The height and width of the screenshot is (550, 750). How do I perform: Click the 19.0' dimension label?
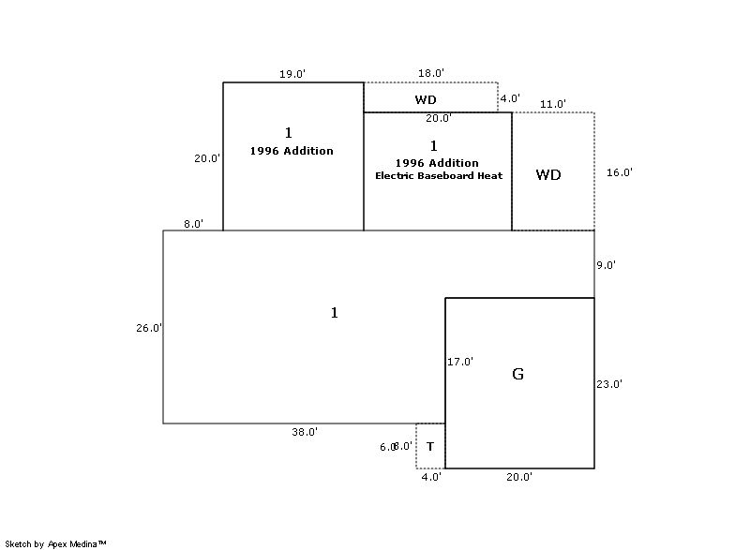pos(292,74)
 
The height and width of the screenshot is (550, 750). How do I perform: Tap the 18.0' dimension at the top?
pos(430,73)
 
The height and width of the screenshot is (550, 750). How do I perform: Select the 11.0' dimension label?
pos(553,104)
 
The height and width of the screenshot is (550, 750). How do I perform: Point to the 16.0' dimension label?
pos(620,172)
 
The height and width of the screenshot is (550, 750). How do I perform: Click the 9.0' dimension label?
pos(606,265)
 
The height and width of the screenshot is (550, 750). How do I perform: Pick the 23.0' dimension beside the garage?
pos(608,384)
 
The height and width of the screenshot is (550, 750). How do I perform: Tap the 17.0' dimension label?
pos(460,362)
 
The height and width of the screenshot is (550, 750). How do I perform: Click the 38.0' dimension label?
pos(304,432)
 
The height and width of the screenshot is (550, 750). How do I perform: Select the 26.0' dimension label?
pos(149,328)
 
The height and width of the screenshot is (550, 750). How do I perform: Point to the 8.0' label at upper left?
pos(194,224)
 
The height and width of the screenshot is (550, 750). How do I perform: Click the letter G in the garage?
pos(517,375)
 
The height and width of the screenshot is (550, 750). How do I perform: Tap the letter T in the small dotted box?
pos(430,447)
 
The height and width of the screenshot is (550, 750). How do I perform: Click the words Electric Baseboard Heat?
pos(439,176)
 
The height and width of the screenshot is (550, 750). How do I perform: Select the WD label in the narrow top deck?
pos(426,99)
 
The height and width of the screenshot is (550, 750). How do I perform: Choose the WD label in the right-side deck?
pos(548,175)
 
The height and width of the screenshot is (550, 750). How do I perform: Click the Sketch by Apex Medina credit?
pos(55,543)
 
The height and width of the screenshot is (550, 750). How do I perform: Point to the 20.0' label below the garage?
pos(519,477)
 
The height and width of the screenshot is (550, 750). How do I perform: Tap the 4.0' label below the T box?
pos(431,477)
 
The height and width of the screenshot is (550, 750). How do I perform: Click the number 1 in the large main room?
pos(334,313)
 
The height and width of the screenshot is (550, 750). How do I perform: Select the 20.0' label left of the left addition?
pos(207,158)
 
